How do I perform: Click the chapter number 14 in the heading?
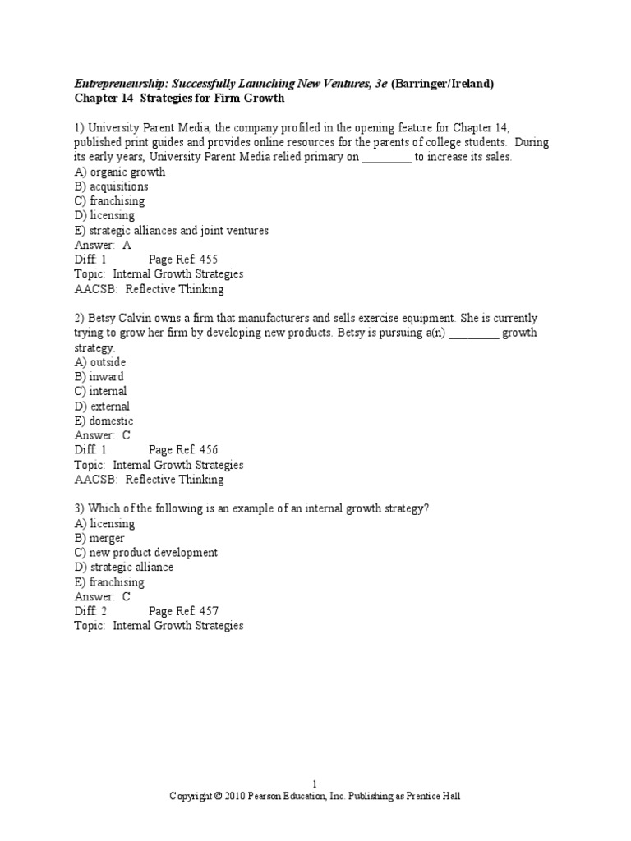tap(124, 99)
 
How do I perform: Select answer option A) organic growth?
tap(120, 172)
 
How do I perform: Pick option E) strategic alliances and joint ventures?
tap(172, 231)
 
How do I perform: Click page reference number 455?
tap(209, 260)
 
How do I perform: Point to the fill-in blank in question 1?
tap(386, 158)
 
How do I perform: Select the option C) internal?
tap(101, 392)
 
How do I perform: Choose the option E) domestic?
tap(104, 421)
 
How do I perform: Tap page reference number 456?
tap(209, 450)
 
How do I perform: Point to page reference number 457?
tap(209, 611)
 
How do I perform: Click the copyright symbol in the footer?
tap(218, 797)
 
